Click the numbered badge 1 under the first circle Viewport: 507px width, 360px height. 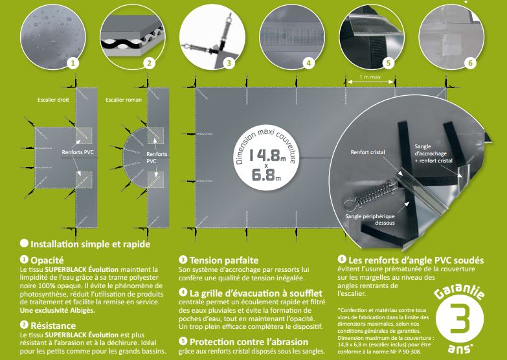pyautogui.click(x=73, y=62)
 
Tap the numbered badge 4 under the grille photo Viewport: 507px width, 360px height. pyautogui.click(x=309, y=62)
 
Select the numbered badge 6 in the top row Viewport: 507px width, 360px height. pyautogui.click(x=471, y=62)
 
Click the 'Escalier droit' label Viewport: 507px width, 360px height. pyautogui.click(x=53, y=100)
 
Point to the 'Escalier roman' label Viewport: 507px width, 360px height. pyautogui.click(x=124, y=100)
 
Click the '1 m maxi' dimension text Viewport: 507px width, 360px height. pyautogui.click(x=370, y=77)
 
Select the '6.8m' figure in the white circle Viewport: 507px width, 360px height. pyautogui.click(x=266, y=175)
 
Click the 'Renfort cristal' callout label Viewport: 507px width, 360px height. pyautogui.click(x=368, y=152)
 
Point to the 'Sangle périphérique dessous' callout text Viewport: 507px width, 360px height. pyautogui.click(x=370, y=219)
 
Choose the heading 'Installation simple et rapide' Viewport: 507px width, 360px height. pyautogui.click(x=90, y=244)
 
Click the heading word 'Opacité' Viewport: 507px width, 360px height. pyautogui.click(x=47, y=260)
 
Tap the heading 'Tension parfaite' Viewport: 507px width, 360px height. pyautogui.click(x=224, y=260)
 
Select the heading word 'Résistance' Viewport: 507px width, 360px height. pyautogui.click(x=53, y=326)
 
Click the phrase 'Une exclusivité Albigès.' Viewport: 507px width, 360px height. pyautogui.click(x=58, y=310)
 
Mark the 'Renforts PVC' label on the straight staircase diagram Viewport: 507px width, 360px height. pyautogui.click(x=78, y=152)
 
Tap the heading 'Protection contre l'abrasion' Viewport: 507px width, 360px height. pyautogui.click(x=249, y=342)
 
